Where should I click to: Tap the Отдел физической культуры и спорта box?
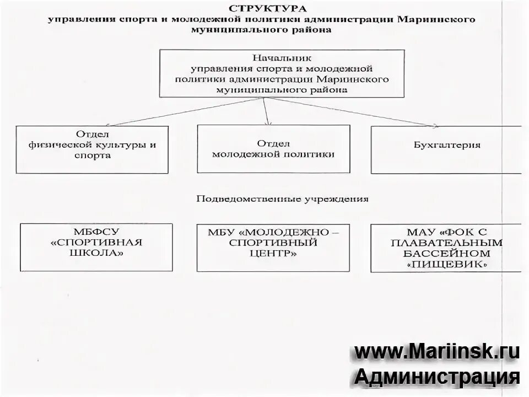91,149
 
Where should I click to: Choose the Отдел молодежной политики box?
273,148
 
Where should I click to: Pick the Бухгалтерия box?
446,149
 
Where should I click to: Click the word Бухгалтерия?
446,145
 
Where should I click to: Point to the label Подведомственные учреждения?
282,198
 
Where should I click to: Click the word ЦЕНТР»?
273,254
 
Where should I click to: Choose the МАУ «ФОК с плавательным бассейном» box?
446,248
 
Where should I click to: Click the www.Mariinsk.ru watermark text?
436,351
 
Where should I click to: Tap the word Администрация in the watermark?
436,377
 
